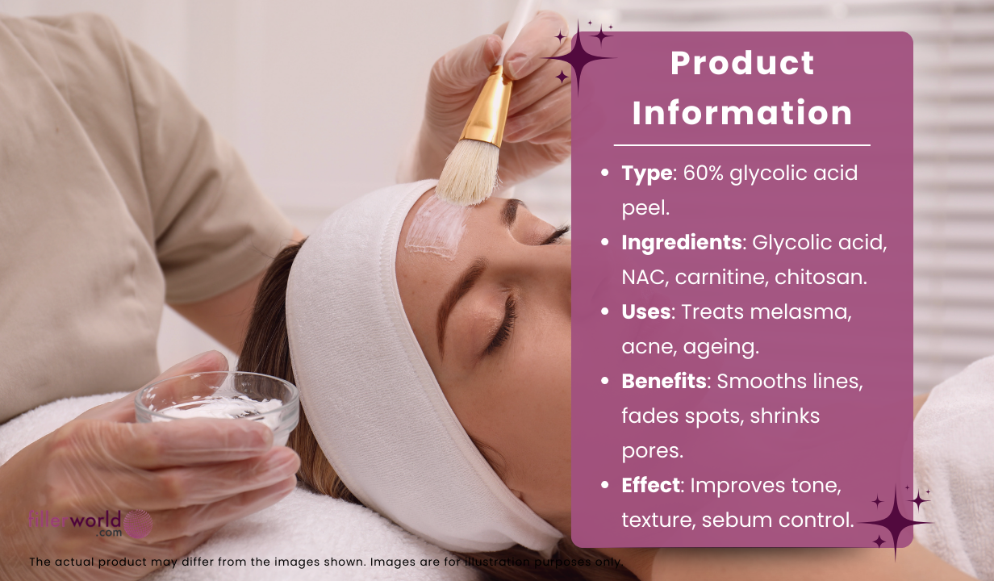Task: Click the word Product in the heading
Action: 742,63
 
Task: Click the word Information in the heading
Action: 742,113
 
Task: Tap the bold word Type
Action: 646,173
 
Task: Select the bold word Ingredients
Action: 681,242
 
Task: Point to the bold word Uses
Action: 646,311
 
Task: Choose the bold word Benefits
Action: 663,381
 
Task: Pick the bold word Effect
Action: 650,486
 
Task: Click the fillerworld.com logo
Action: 89,522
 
